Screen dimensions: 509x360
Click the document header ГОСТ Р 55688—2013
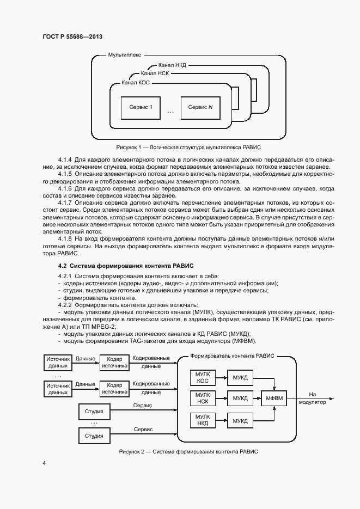[72, 36]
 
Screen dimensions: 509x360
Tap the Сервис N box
[200, 107]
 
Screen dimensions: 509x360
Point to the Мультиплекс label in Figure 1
[125, 56]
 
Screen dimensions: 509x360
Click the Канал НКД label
[172, 65]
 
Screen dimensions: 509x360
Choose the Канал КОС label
[136, 82]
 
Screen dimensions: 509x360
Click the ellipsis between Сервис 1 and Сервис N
[170, 112]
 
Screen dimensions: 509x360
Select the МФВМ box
[276, 398]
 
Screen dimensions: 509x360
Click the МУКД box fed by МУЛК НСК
[240, 398]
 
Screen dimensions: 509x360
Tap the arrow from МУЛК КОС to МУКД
[222, 377]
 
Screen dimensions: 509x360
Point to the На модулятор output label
[312, 398]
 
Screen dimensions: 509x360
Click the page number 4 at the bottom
[44, 463]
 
